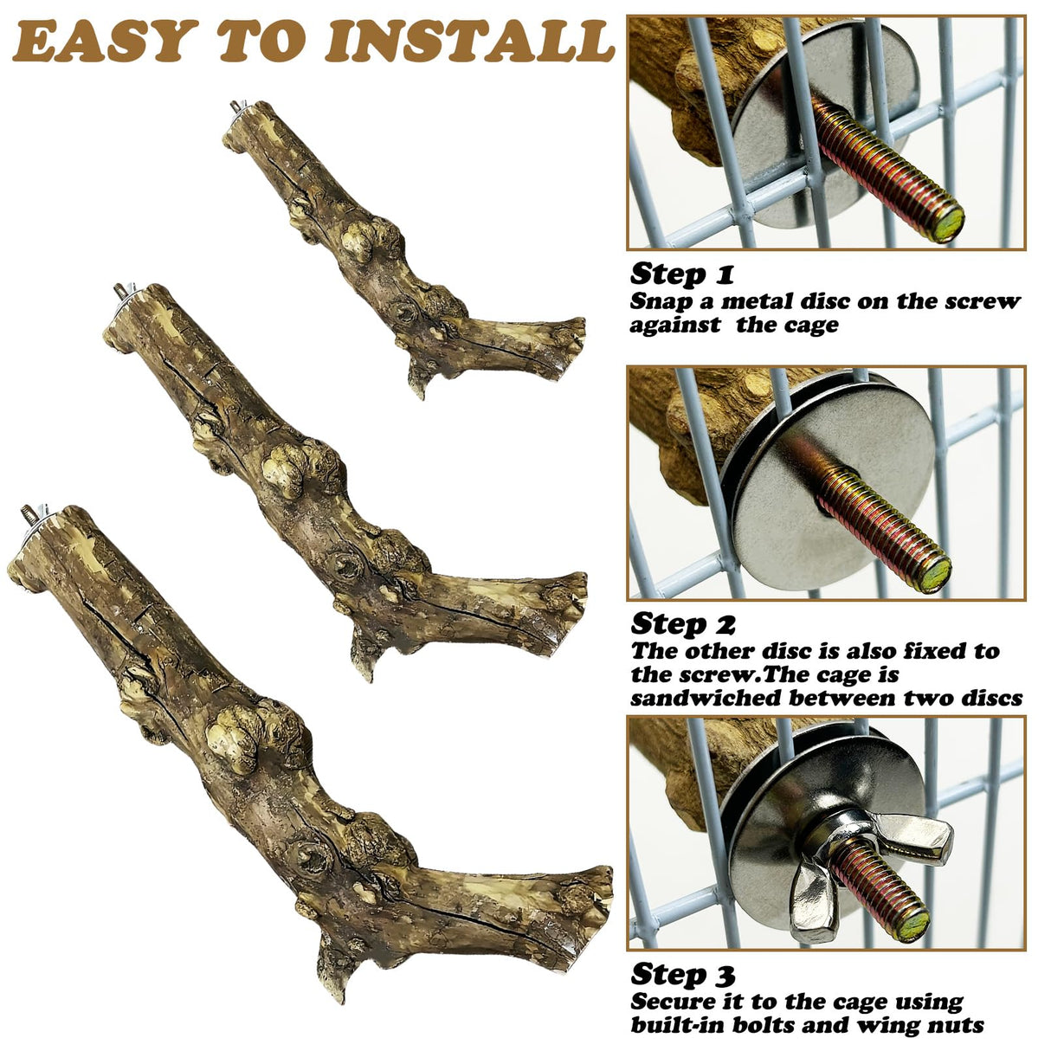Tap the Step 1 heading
[x=681, y=274]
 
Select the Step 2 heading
[x=683, y=623]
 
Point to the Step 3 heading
[x=682, y=974]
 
